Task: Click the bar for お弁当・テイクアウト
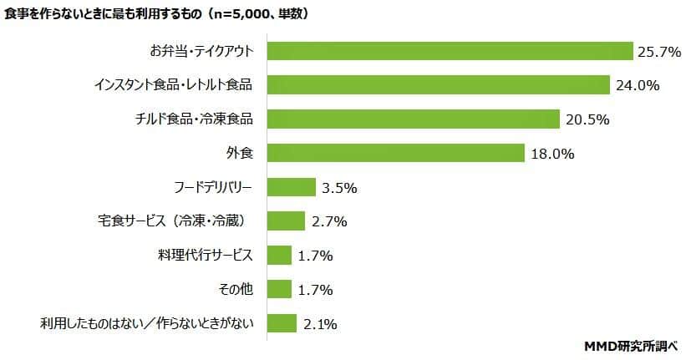pyautogui.click(x=450, y=51)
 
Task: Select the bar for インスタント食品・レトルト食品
pyautogui.click(x=438, y=85)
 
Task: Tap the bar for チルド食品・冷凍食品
pyautogui.click(x=413, y=119)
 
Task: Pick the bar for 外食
pyautogui.click(x=395, y=153)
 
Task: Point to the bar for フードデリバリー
pyautogui.click(x=291, y=187)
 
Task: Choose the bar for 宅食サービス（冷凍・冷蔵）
pyautogui.click(x=286, y=221)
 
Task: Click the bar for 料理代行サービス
pyautogui.click(x=279, y=255)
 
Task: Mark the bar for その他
pyautogui.click(x=279, y=289)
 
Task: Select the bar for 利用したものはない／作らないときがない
pyautogui.click(x=282, y=323)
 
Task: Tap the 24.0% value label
pyautogui.click(x=637, y=85)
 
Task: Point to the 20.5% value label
pyautogui.click(x=587, y=119)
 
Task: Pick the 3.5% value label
pyautogui.click(x=339, y=188)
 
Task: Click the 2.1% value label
pyautogui.click(x=322, y=324)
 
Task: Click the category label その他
pyautogui.click(x=236, y=289)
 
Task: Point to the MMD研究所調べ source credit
pyautogui.click(x=633, y=345)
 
